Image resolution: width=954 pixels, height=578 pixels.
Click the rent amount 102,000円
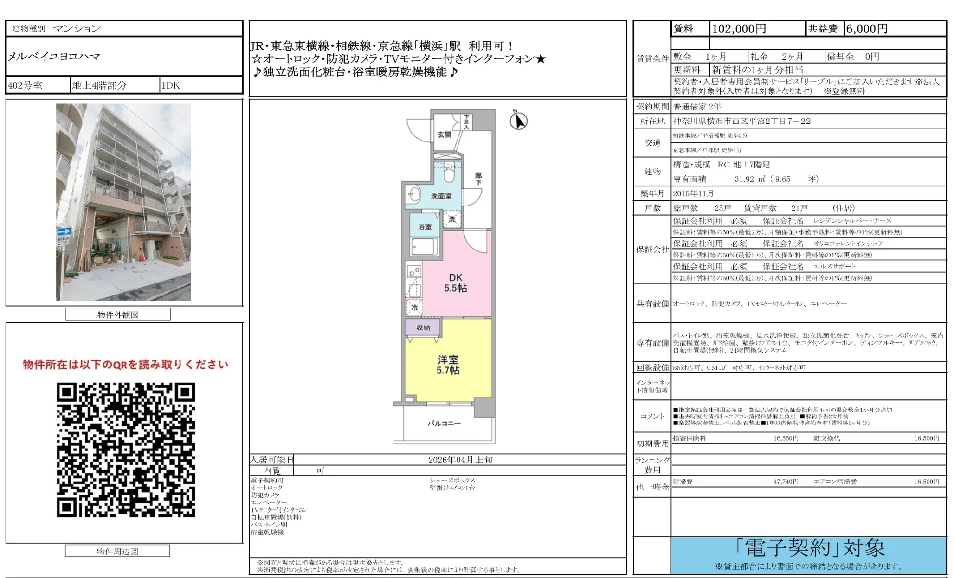click(x=739, y=29)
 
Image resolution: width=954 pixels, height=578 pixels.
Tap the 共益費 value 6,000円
click(x=867, y=29)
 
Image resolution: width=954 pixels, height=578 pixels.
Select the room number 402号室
click(x=26, y=85)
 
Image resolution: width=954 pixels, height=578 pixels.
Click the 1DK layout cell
click(x=171, y=85)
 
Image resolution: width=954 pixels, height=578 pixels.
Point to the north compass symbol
click(x=518, y=121)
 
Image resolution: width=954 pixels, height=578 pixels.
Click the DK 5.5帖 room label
click(x=455, y=283)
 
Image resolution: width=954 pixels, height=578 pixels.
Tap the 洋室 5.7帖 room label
click(x=448, y=365)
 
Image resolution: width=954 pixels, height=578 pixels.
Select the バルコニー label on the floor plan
click(x=444, y=423)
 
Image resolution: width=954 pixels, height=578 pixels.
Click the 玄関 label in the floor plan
click(x=444, y=135)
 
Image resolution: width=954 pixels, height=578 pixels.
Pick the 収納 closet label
click(x=423, y=328)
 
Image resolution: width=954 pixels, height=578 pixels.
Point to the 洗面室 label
click(x=441, y=196)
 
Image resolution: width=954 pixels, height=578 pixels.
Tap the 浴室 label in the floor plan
click(x=425, y=227)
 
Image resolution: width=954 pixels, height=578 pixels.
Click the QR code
click(x=126, y=450)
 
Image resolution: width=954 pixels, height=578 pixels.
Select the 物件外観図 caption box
click(x=118, y=315)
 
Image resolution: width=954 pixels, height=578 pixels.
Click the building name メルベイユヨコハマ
click(x=54, y=57)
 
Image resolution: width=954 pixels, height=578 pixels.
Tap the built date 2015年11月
click(x=694, y=193)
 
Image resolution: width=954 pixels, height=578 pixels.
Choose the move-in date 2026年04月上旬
click(x=460, y=460)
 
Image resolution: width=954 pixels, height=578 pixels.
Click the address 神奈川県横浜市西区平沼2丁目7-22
click(x=742, y=121)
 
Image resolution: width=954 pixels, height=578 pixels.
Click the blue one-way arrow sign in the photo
click(x=64, y=231)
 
